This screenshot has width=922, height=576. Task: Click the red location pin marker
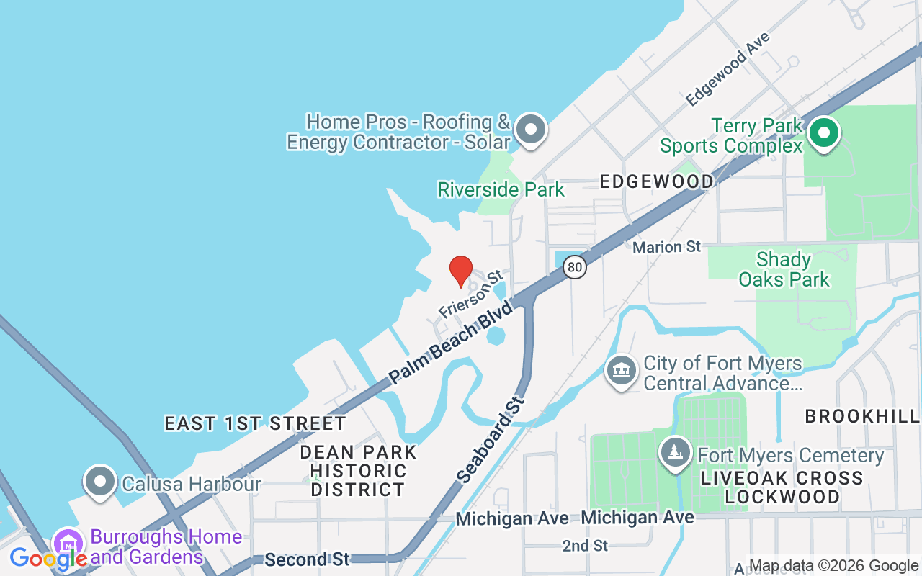(x=461, y=271)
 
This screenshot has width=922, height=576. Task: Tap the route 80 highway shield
(x=574, y=267)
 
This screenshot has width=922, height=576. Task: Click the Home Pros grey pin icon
(x=532, y=130)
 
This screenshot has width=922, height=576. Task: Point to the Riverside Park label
(x=501, y=189)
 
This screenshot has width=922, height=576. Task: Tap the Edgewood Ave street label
(x=728, y=68)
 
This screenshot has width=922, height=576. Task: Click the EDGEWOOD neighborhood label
(x=657, y=181)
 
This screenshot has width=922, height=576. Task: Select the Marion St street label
(x=666, y=247)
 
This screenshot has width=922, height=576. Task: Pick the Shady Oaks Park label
(x=784, y=269)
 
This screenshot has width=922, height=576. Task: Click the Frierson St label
(x=470, y=294)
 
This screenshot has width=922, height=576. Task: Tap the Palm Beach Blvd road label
(x=451, y=342)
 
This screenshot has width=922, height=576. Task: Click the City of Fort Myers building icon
(x=621, y=372)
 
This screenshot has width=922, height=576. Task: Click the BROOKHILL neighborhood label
(x=862, y=416)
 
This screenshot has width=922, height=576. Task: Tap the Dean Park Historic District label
(x=358, y=471)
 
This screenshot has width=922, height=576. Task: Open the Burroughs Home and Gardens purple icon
(x=69, y=544)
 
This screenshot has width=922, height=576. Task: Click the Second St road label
(x=307, y=559)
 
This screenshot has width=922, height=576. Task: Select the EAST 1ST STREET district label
(x=255, y=423)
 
